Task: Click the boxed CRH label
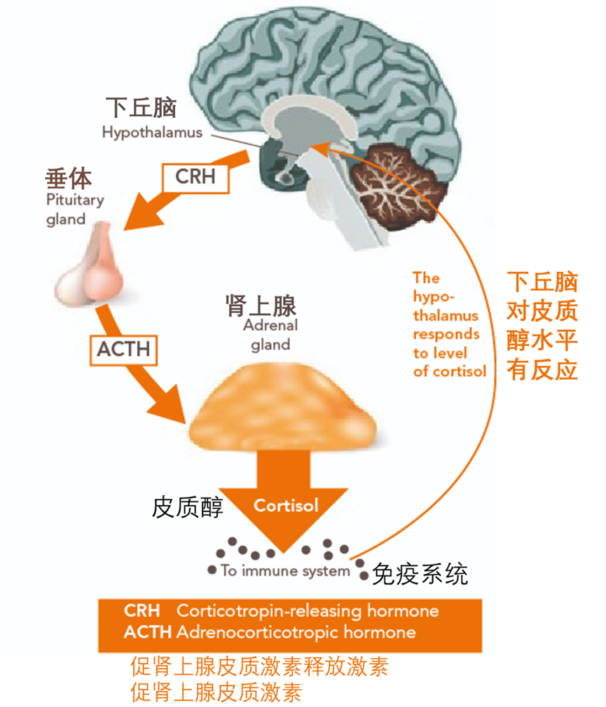pos(195,177)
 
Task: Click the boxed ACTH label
pos(123,350)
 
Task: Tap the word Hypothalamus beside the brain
pos(152,132)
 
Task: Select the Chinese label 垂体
pos(69,178)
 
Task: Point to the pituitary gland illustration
pos(90,266)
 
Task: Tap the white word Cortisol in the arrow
pos(286,505)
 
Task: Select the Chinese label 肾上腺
pos(261,306)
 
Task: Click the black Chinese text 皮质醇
pos(188,507)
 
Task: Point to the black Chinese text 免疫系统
pos(420,575)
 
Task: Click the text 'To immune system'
pos(285,571)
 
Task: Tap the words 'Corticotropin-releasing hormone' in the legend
pos(308,611)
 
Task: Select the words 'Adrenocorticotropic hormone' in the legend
pos(296,632)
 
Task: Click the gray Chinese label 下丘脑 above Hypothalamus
pos(141,108)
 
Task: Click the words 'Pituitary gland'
pos(75,210)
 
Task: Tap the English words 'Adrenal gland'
pos(270,335)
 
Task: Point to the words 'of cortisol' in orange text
pos(450,371)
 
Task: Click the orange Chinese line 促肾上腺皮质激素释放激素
pos(260,667)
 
